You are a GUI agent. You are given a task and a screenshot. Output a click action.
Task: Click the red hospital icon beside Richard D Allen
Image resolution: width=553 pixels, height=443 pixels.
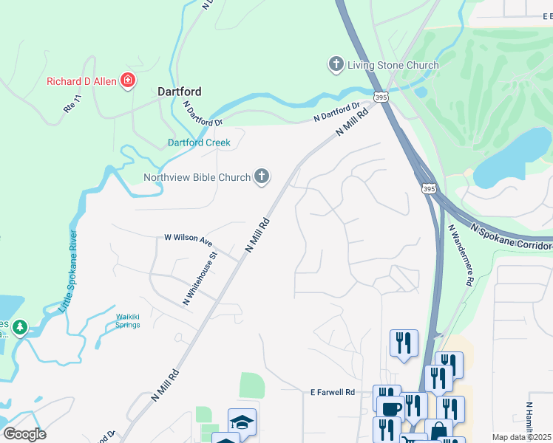click(128, 80)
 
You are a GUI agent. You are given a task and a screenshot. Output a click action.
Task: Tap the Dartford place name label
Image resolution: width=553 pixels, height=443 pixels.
click(180, 92)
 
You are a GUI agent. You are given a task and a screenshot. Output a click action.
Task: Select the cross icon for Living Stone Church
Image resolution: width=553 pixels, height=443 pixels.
click(336, 65)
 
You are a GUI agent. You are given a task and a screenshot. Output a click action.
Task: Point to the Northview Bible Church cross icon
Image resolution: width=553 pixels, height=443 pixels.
click(261, 176)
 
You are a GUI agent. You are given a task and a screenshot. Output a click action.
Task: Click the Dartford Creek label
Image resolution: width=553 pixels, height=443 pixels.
click(199, 142)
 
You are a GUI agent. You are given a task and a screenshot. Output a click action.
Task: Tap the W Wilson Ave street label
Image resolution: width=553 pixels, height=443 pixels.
click(188, 239)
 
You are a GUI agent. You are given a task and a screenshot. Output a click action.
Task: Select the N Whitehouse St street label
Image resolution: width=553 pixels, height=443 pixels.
click(200, 279)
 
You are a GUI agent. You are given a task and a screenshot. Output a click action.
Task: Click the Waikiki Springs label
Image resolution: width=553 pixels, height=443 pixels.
click(127, 321)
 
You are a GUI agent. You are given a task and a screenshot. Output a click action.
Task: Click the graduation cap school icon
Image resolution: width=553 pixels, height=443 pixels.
click(242, 422)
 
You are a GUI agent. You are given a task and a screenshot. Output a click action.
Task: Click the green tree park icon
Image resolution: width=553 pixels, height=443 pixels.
click(21, 326)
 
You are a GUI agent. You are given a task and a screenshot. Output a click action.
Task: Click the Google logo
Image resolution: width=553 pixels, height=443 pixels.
click(24, 434)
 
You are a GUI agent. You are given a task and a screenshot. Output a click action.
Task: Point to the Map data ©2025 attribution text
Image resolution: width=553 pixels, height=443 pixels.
click(522, 437)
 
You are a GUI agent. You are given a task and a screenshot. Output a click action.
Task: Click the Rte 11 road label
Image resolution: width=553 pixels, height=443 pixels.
click(72, 106)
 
